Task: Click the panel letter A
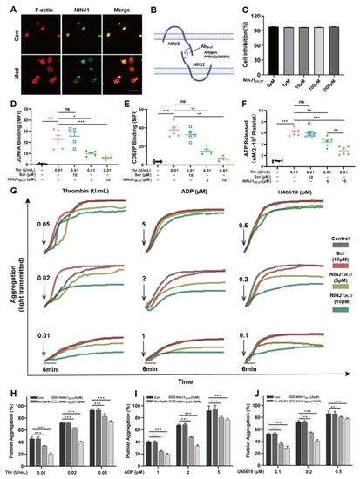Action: (x=8, y=7)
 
